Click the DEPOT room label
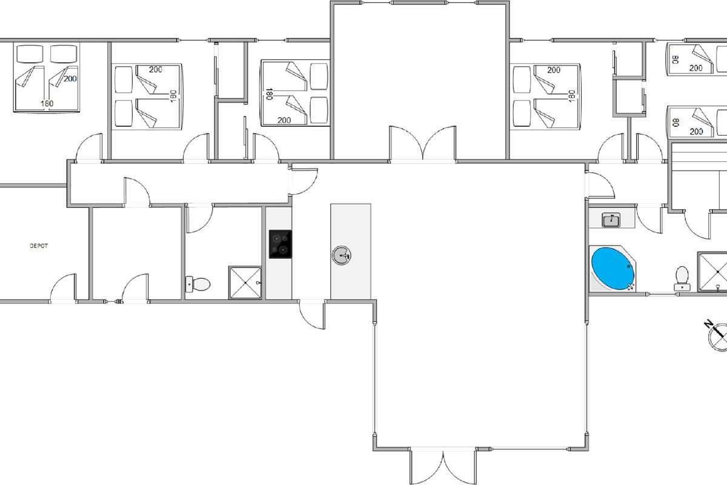39,246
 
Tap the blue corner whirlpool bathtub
612,269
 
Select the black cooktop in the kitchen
280,244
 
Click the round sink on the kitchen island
342,255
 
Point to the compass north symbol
717,336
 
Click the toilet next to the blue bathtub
682,278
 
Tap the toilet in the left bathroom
198,284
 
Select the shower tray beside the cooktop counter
245,283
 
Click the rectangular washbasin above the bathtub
611,220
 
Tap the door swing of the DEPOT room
62,287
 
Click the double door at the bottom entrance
443,466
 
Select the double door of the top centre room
423,143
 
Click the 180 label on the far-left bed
47,104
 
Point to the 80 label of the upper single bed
676,59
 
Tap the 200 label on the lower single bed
696,131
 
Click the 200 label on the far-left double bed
70,79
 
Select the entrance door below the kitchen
312,315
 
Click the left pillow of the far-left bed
30,54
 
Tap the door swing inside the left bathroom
199,218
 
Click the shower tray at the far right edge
712,272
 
